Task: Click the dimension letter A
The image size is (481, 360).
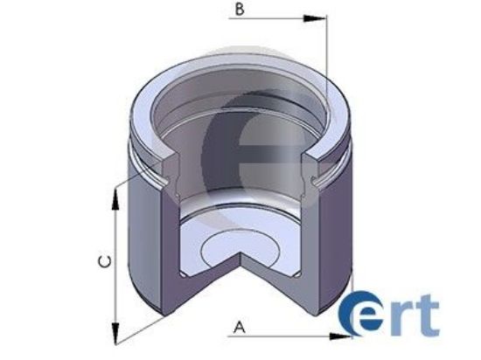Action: click(x=238, y=328)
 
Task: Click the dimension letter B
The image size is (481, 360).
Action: click(x=239, y=11)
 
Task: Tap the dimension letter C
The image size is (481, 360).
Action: click(x=102, y=261)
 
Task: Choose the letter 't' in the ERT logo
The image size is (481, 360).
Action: click(x=429, y=316)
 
